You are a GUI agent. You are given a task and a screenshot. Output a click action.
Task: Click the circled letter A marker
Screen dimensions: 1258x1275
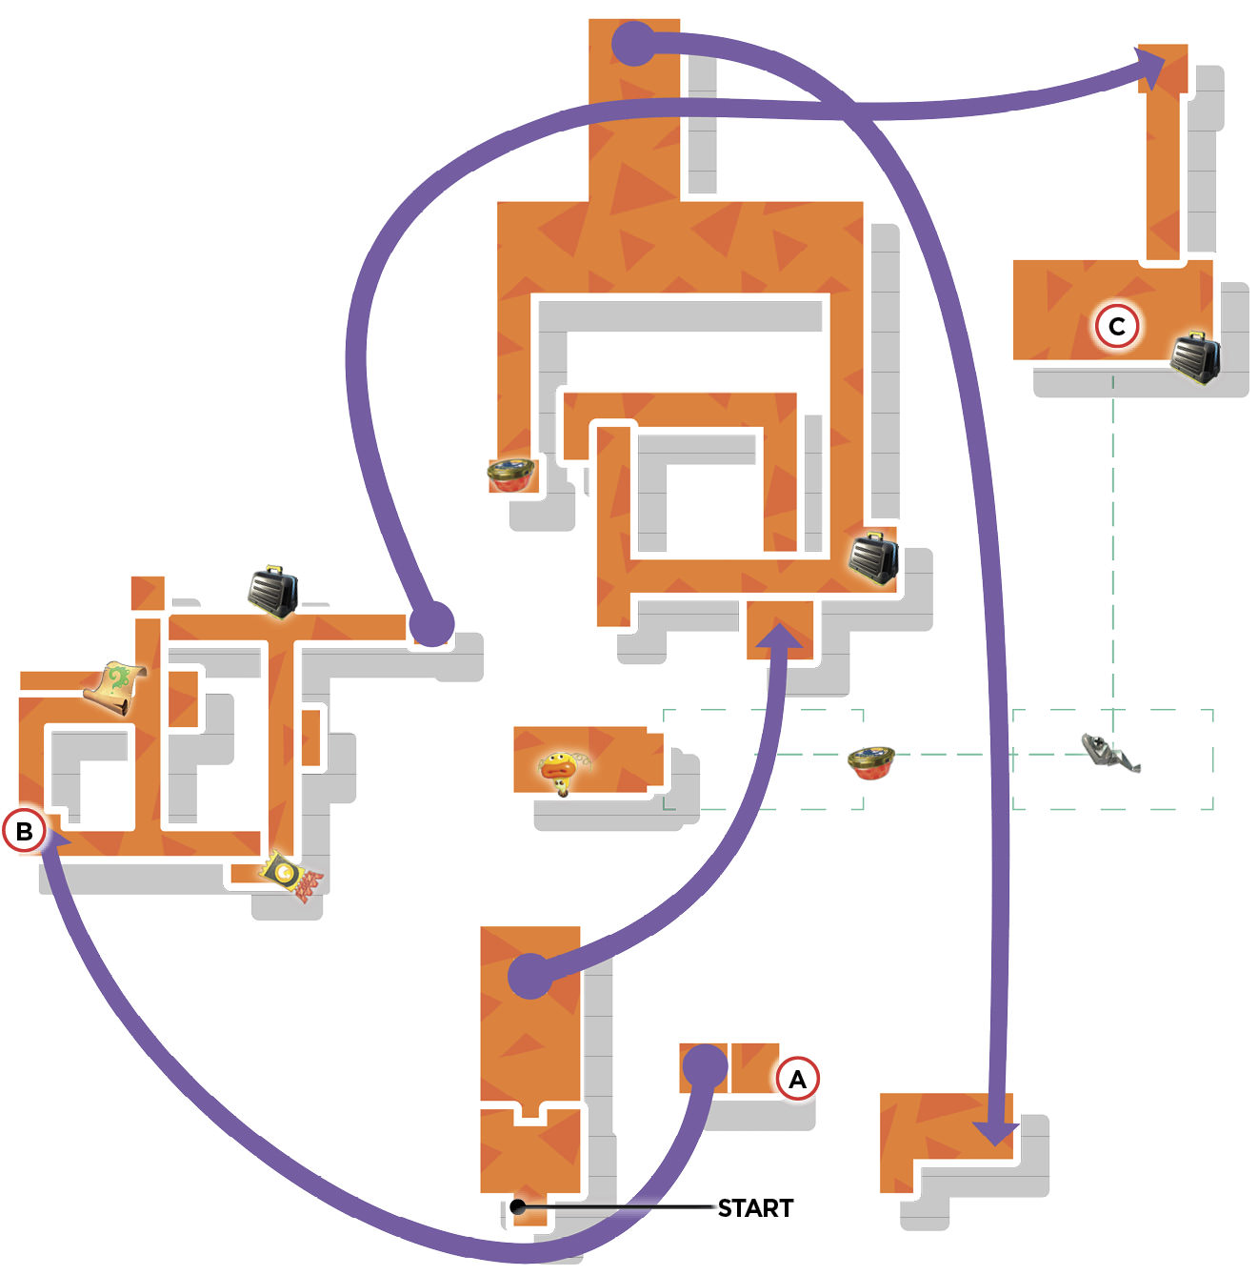tap(797, 1079)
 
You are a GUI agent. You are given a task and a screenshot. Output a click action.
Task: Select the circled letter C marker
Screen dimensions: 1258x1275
tap(1116, 326)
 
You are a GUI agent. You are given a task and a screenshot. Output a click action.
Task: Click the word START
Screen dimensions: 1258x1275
tap(755, 1208)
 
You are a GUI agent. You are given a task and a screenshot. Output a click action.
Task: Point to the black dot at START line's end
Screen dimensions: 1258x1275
tap(519, 1206)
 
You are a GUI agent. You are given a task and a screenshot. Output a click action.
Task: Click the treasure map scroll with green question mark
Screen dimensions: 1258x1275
tap(115, 687)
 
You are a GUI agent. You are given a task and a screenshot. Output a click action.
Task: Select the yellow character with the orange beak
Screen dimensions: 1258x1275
tap(563, 772)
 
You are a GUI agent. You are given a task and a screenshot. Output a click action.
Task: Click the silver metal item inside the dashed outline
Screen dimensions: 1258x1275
tap(1110, 752)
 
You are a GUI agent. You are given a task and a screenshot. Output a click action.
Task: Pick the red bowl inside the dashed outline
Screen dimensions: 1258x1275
tap(871, 762)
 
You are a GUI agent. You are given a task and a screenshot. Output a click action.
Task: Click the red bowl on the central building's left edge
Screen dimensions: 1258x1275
tap(510, 475)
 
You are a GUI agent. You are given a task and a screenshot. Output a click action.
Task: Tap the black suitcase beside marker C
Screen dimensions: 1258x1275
tap(1195, 358)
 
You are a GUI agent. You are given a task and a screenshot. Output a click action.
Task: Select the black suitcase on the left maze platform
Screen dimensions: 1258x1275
tap(272, 591)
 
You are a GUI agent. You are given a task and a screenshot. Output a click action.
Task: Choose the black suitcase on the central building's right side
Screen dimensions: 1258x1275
tap(873, 557)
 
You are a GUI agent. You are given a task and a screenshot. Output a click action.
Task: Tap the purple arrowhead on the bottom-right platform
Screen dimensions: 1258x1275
tap(995, 1134)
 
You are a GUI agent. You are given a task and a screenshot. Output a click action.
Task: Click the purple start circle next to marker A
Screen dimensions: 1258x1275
tap(705, 1067)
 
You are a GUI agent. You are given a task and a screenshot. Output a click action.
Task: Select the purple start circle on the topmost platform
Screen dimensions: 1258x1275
tap(633, 44)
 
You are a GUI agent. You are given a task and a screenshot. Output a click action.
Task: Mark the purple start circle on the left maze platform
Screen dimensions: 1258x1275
tap(431, 623)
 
